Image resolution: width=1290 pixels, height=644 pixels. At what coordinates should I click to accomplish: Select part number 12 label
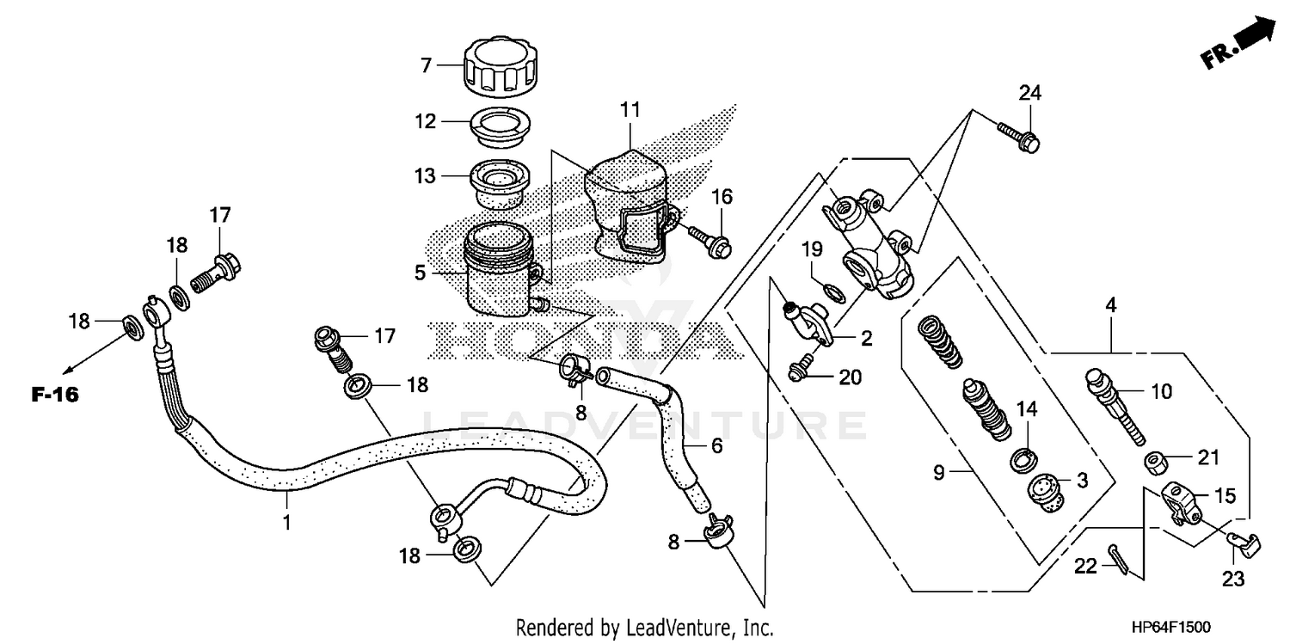[426, 122]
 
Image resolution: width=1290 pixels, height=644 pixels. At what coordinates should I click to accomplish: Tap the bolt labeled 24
[1020, 137]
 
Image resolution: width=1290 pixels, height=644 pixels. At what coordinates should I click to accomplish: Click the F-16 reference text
[55, 396]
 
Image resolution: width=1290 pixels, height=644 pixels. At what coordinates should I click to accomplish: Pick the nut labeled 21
[1154, 464]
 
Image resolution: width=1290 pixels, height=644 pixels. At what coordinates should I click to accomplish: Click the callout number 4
[1111, 304]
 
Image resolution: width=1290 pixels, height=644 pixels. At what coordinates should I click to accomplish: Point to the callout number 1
[287, 522]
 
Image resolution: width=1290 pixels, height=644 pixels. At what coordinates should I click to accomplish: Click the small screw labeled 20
[801, 371]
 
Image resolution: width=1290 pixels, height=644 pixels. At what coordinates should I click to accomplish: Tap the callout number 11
[630, 109]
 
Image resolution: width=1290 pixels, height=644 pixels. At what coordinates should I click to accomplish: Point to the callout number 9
[939, 472]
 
